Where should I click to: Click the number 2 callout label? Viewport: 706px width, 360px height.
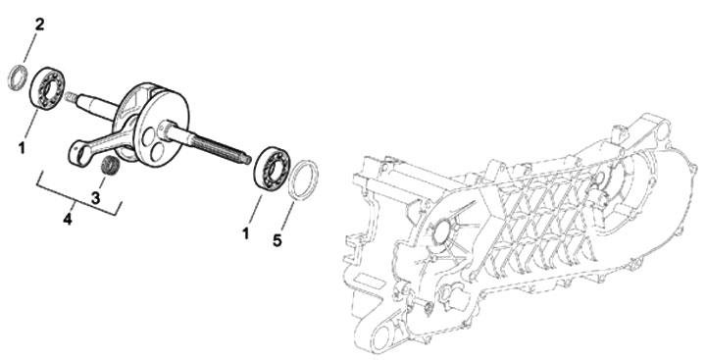(x=39, y=25)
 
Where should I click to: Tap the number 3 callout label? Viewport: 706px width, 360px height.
(x=95, y=197)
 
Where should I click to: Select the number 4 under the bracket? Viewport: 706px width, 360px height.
(x=68, y=220)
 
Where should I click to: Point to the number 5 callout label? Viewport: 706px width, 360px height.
(x=277, y=240)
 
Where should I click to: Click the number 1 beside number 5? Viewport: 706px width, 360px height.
(x=245, y=233)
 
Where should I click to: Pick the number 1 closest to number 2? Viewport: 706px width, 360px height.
(x=22, y=148)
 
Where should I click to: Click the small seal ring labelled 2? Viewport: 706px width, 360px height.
(x=18, y=77)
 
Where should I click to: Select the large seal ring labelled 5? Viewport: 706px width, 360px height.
(x=303, y=180)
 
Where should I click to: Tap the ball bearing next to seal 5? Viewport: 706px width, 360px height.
(x=272, y=168)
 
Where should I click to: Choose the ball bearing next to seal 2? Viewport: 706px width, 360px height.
(x=47, y=87)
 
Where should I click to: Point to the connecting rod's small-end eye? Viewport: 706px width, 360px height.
(x=77, y=153)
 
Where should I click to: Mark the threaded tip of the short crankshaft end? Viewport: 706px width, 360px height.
(x=71, y=96)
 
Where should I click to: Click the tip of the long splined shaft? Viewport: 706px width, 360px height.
(x=248, y=159)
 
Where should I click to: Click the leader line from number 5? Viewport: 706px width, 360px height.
(x=287, y=217)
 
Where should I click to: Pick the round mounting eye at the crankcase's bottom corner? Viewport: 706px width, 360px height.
(x=381, y=334)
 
